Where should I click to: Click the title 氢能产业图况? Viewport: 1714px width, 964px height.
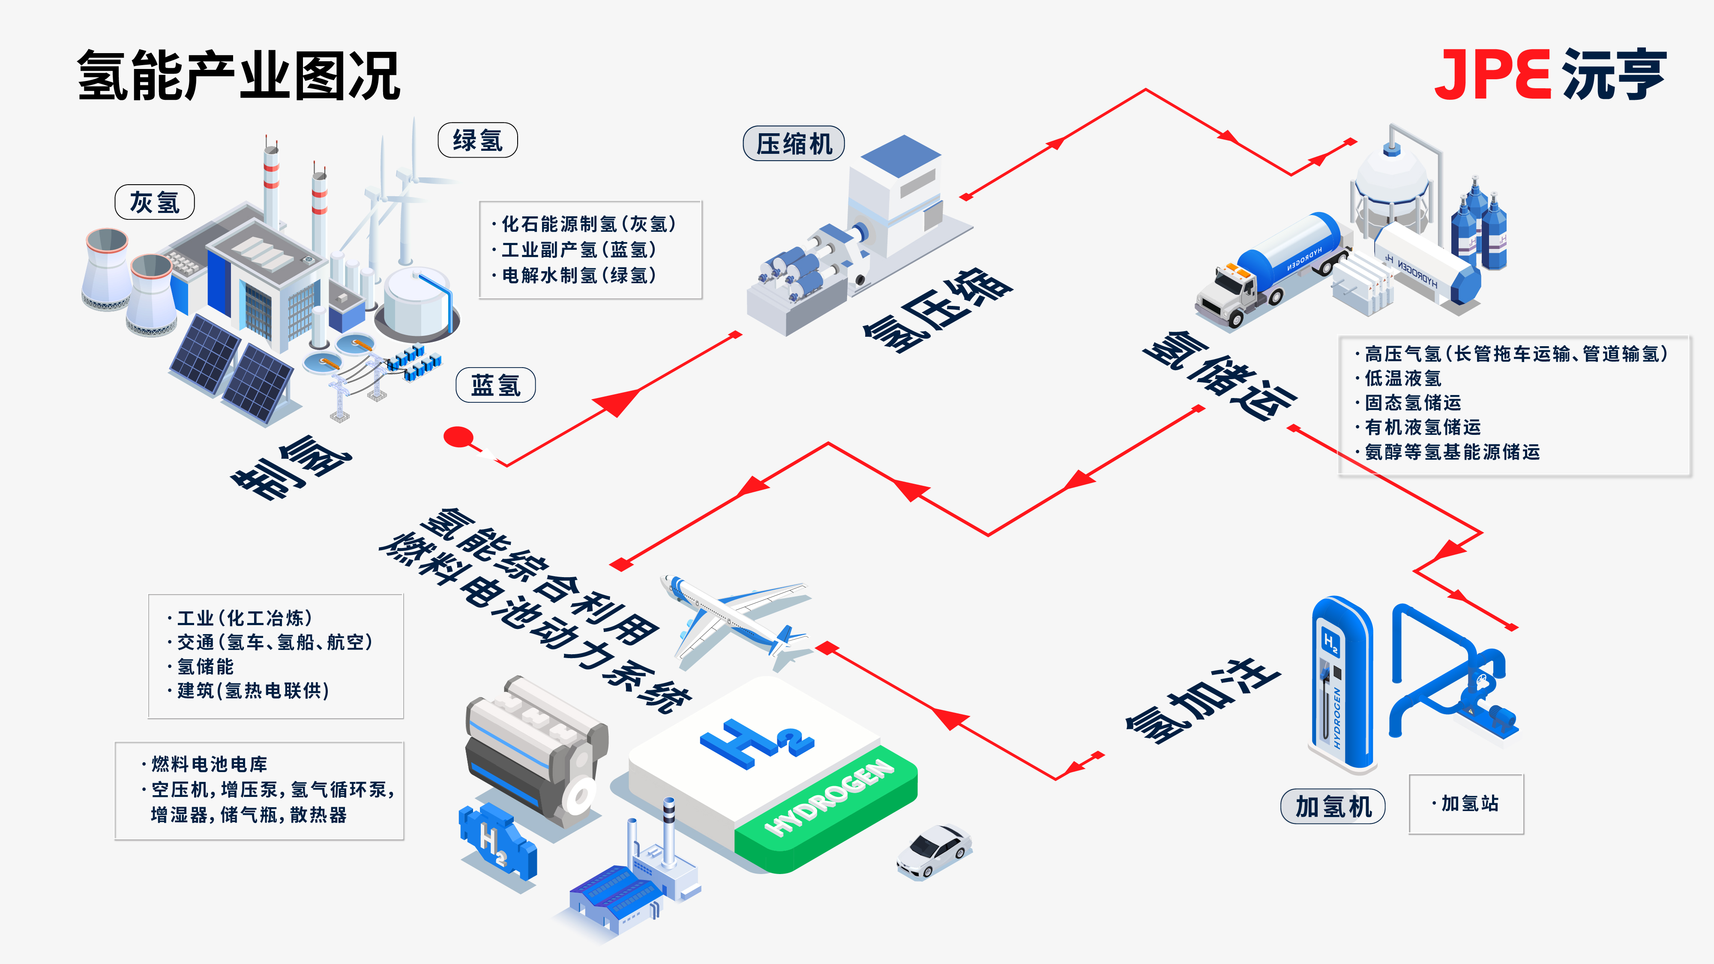coord(239,75)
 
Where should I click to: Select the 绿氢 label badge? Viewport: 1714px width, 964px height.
coord(478,140)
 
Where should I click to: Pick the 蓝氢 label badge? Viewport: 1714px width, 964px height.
coord(496,385)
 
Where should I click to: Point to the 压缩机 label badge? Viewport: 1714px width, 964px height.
coord(794,143)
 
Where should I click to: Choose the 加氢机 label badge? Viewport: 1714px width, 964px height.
coord(1333,806)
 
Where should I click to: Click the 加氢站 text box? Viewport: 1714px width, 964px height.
coord(1466,804)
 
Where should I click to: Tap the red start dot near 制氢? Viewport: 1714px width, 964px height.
coord(458,437)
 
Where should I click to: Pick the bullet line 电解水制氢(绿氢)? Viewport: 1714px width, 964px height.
coord(574,275)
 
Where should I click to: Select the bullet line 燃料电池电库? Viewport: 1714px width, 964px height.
coord(205,764)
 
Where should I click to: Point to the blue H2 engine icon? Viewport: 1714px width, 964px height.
coord(497,841)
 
